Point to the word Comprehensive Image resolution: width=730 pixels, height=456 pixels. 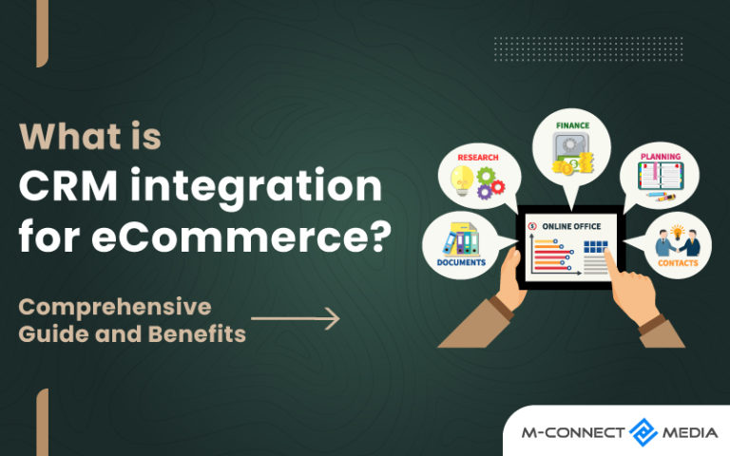[x=115, y=308]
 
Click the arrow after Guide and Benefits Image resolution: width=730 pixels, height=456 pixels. [x=295, y=319]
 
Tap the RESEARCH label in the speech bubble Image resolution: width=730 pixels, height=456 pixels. [x=477, y=157]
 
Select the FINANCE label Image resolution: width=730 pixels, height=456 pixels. [x=572, y=124]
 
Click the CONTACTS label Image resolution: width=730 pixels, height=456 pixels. [x=677, y=263]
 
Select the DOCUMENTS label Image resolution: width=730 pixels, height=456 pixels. [x=462, y=262]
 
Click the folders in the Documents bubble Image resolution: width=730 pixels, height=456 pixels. [x=462, y=238]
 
